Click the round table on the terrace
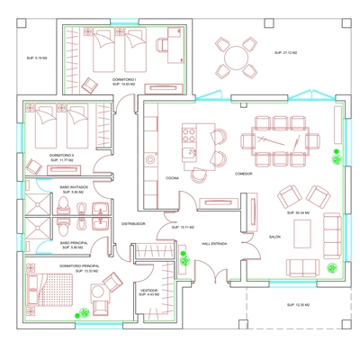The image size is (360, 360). (x=236, y=58)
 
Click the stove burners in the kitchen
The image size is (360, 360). (x=190, y=136)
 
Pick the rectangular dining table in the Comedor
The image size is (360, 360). (x=279, y=140)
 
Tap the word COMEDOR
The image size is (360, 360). (x=243, y=174)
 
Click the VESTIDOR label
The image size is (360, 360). (x=149, y=291)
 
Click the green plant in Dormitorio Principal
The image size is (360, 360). (x=82, y=312)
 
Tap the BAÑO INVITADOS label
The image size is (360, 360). (x=72, y=187)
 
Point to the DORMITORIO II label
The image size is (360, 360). (x=62, y=155)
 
